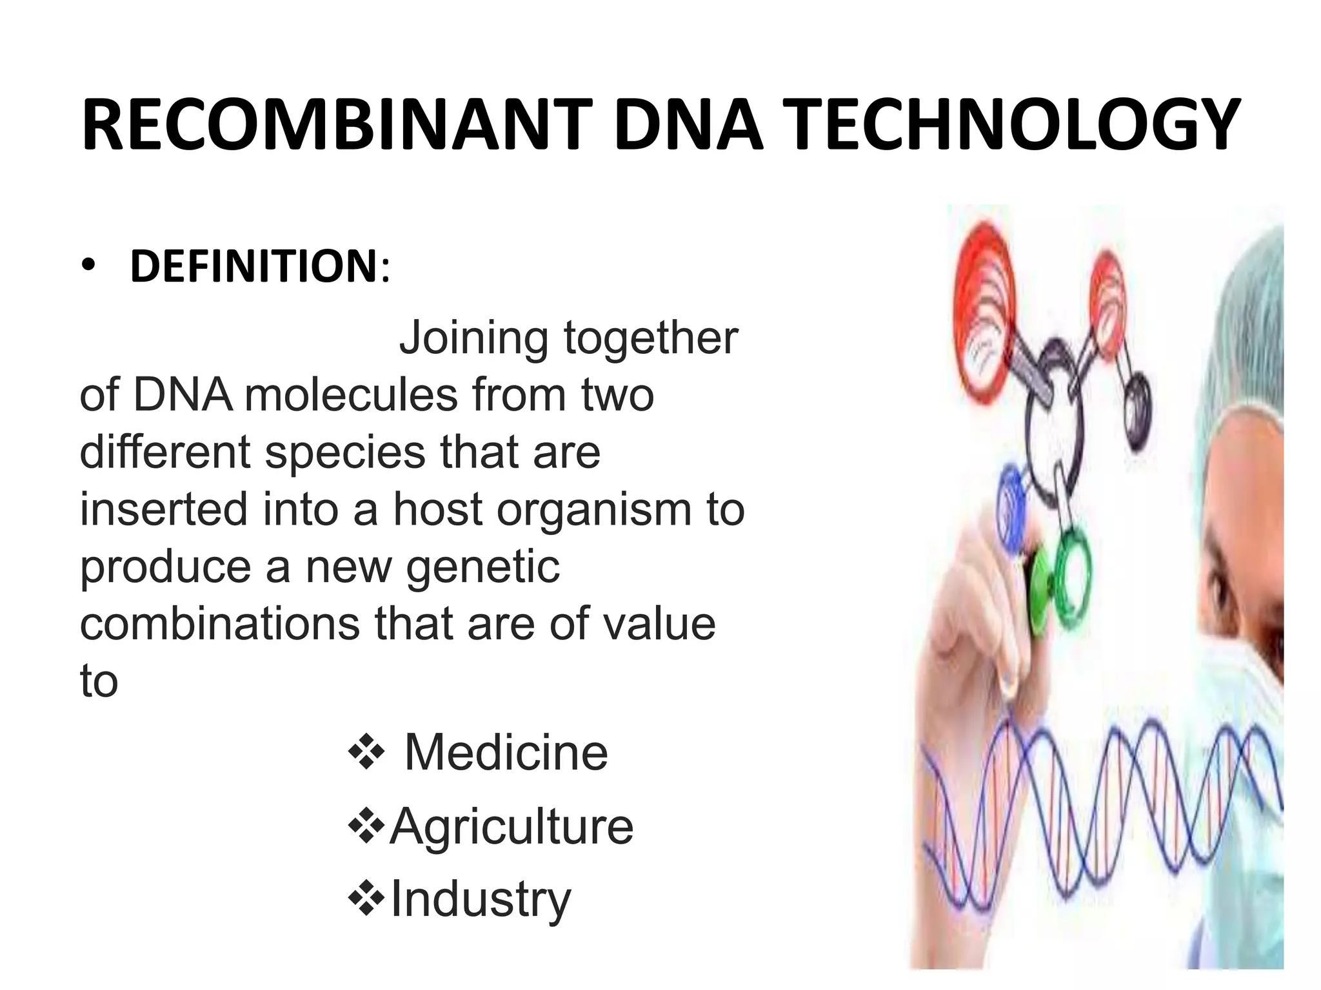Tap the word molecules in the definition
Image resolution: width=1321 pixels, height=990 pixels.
(351, 394)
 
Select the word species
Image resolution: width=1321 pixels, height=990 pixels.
(346, 452)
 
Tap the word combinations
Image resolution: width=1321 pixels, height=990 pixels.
(219, 623)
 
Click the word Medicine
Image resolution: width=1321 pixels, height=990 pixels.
(506, 752)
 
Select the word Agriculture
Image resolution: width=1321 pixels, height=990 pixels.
(512, 826)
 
